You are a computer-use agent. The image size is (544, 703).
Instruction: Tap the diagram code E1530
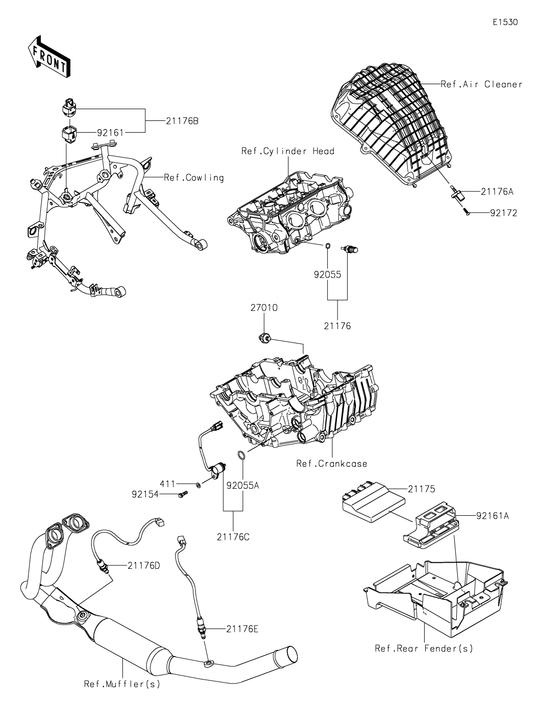[x=505, y=22]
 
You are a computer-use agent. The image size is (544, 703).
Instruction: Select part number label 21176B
[x=182, y=121]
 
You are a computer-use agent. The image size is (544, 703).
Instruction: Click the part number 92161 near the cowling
[x=110, y=133]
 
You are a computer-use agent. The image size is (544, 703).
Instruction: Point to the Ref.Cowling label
[x=194, y=178]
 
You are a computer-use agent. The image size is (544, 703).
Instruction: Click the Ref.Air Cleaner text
[x=482, y=85]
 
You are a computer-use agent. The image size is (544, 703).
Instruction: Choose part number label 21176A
[x=497, y=192]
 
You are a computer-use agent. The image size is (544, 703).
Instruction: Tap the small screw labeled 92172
[x=468, y=213]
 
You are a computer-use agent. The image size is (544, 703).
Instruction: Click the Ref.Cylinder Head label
[x=288, y=151]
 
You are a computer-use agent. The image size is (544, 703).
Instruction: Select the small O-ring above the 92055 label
[x=327, y=246]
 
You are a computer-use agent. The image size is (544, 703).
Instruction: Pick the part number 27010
[x=264, y=308]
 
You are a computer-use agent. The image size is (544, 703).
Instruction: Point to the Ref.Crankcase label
[x=331, y=464]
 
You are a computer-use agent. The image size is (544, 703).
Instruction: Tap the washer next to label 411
[x=198, y=484]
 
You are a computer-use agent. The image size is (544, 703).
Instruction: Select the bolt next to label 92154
[x=184, y=494]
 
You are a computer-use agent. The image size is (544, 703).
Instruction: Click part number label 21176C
[x=233, y=537]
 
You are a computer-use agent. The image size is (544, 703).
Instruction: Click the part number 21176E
[x=242, y=629]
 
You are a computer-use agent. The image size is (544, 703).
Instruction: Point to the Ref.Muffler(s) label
[x=122, y=684]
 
